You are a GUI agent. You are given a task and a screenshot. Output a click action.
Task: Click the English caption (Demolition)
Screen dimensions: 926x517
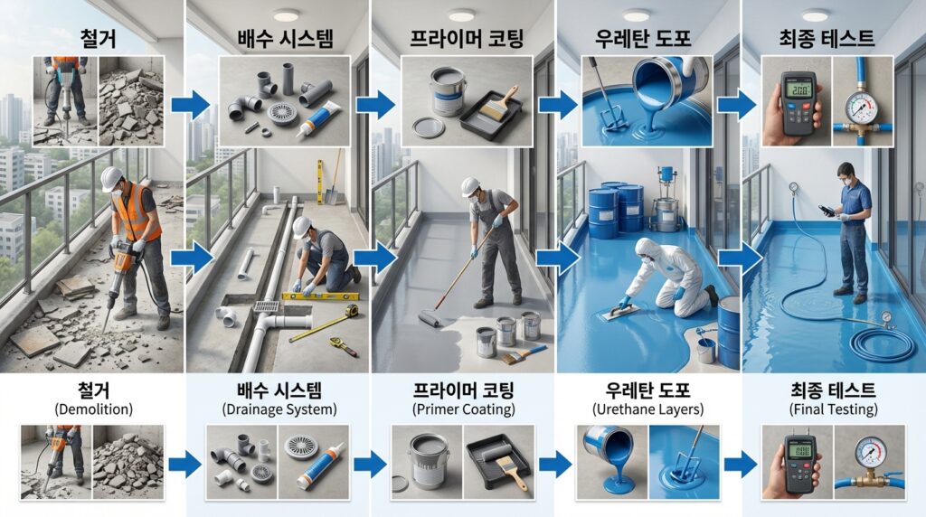pos(93,409)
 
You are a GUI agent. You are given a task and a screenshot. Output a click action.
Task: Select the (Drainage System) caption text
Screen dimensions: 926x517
pos(279,409)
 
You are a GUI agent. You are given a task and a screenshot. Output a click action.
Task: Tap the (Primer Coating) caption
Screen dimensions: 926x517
pos(464,409)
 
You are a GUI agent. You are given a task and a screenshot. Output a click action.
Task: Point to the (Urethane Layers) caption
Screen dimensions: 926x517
pos(647,409)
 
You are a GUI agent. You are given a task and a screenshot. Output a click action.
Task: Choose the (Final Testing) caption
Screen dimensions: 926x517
pos(833,409)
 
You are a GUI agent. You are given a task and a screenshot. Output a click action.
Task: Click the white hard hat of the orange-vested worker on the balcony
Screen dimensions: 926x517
pos(111,178)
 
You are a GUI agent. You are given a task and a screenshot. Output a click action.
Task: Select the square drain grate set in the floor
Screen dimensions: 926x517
pos(266,307)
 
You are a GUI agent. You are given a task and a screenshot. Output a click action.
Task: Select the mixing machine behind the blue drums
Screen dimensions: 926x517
pos(666,201)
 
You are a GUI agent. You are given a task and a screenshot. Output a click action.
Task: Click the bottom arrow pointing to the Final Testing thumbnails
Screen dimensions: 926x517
pos(740,464)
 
